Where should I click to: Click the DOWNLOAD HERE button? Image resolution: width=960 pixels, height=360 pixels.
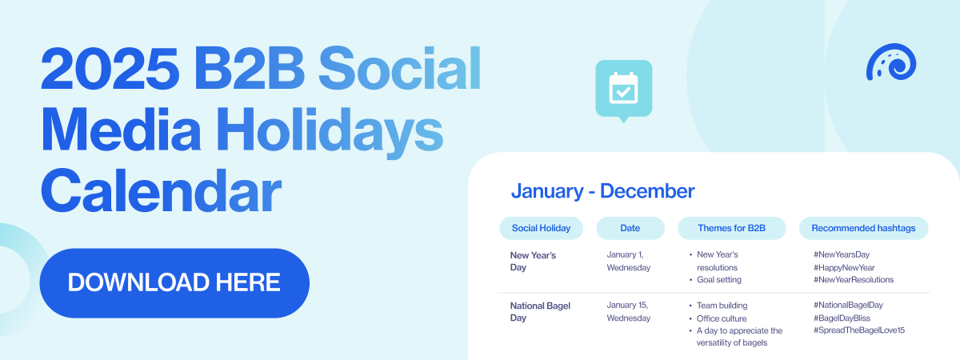pos(174,283)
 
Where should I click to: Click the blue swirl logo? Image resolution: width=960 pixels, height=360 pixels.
pos(891,62)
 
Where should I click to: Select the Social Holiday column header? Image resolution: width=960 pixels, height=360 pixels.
pos(541,228)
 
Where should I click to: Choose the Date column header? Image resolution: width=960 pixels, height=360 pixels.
pos(630,228)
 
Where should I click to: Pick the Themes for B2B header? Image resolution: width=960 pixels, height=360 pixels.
pos(731,228)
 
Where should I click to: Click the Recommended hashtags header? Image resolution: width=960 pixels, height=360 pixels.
pos(863,228)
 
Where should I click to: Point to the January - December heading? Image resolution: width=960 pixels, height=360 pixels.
pos(602,191)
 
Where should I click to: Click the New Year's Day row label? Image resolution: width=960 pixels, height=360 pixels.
pos(533,261)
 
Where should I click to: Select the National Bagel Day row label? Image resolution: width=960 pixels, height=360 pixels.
pos(540,311)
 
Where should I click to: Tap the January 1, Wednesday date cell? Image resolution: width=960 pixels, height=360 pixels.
pos(628,261)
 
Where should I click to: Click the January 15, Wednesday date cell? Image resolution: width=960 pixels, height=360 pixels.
pos(628,311)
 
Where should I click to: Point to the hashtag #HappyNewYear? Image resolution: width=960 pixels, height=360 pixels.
pos(844,267)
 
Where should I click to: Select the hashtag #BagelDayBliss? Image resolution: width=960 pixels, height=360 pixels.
pos(842,318)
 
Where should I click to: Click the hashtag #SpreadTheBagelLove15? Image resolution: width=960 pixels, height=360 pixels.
pos(859,330)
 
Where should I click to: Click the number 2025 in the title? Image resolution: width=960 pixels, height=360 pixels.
pos(110,68)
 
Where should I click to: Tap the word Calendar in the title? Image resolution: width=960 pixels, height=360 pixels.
pos(161,191)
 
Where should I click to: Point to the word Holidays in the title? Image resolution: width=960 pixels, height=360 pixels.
pos(329,130)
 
